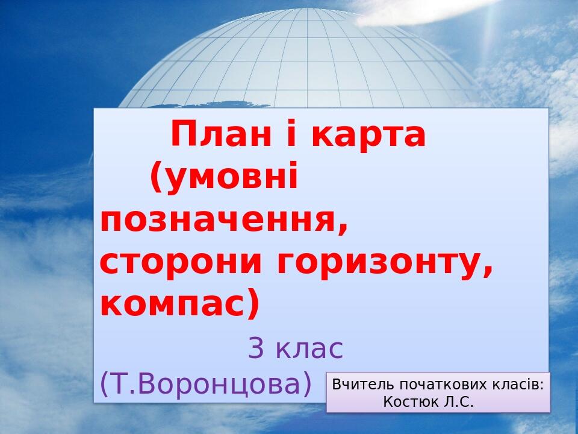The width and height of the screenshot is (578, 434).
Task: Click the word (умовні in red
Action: (x=224, y=178)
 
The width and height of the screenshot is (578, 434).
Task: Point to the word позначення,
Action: (x=224, y=221)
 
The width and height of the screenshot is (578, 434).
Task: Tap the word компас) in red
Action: (x=179, y=305)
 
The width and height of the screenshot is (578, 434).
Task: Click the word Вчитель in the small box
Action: (x=355, y=384)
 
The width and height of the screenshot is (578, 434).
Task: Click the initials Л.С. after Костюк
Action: (x=458, y=401)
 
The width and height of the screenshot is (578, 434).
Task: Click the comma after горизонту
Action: (x=488, y=272)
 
